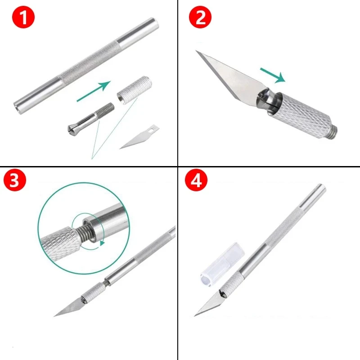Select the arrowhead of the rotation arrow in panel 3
(x=103, y=243)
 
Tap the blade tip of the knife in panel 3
(x=56, y=315)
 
